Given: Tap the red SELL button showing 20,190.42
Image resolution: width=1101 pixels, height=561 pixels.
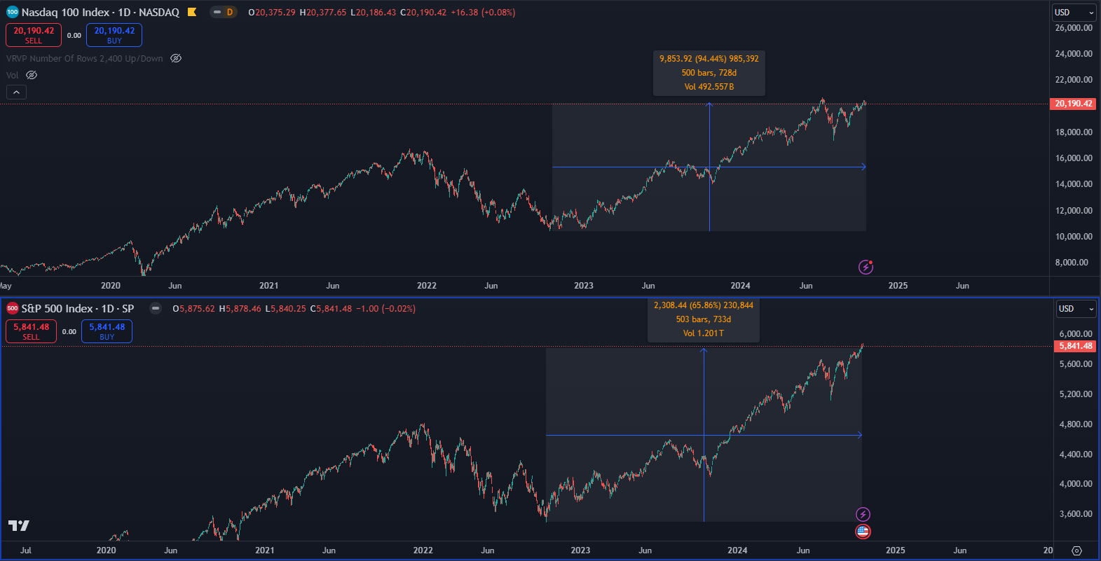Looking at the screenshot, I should point(34,35).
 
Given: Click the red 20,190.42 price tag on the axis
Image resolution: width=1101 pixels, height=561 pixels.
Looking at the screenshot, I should point(1074,104).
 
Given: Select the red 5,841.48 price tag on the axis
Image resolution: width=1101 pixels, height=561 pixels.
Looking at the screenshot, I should point(1076,346).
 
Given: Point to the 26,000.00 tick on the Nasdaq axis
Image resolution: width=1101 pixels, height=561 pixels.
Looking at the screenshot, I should point(1074,28).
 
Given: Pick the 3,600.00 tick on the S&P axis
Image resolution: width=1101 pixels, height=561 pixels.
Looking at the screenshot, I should point(1076,514).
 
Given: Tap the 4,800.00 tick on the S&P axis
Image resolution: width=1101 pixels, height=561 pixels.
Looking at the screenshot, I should point(1076,424).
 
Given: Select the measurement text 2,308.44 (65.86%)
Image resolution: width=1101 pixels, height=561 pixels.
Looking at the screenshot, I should point(703,305).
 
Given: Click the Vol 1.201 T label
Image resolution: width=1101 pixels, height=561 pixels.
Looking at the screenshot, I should point(703,333).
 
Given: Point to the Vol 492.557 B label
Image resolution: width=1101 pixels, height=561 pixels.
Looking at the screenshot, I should point(709,87).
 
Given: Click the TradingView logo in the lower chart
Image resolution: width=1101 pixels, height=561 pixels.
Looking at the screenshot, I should point(19,525).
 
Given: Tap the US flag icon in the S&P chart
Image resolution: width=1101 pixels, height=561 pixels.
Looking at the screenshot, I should point(863,532).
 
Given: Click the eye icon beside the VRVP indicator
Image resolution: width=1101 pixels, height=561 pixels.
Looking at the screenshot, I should point(176,59).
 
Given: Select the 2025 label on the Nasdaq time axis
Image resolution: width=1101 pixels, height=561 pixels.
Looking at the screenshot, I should point(898,286).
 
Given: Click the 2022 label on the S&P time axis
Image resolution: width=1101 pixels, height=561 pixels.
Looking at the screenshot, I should point(423,550).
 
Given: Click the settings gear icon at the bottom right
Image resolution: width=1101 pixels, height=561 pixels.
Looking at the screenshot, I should point(1077,550).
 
